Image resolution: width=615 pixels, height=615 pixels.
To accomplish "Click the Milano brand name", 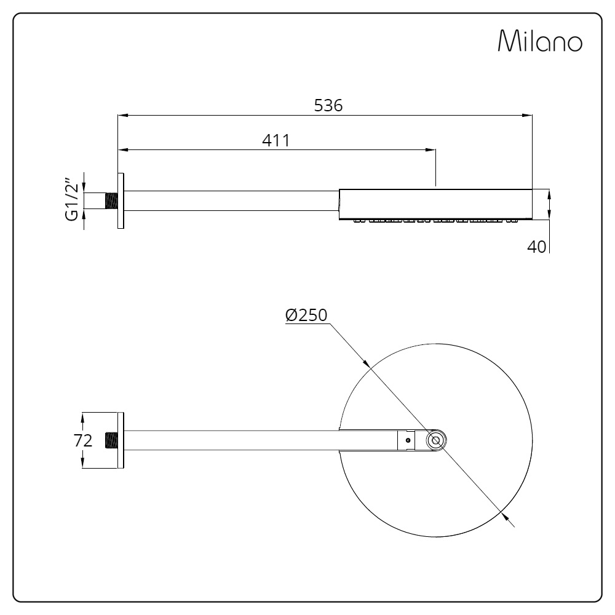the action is pos(540,41).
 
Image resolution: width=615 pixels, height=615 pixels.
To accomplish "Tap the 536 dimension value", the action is pos(328,106).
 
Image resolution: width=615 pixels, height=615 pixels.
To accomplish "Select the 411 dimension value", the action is pos(276,140).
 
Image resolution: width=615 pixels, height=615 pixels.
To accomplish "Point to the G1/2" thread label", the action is pos(73,200).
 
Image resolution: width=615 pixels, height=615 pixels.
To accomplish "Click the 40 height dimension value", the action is pos(536,247).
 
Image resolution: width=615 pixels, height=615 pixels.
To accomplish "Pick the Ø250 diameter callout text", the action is pos(306,315).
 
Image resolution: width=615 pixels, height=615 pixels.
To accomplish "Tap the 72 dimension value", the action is pos(83,440).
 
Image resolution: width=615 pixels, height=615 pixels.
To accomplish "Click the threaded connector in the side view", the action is pos(111,201).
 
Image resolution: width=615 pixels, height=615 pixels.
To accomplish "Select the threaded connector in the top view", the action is pos(111,440).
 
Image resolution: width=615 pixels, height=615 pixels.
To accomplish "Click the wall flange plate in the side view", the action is pos(121,201).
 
